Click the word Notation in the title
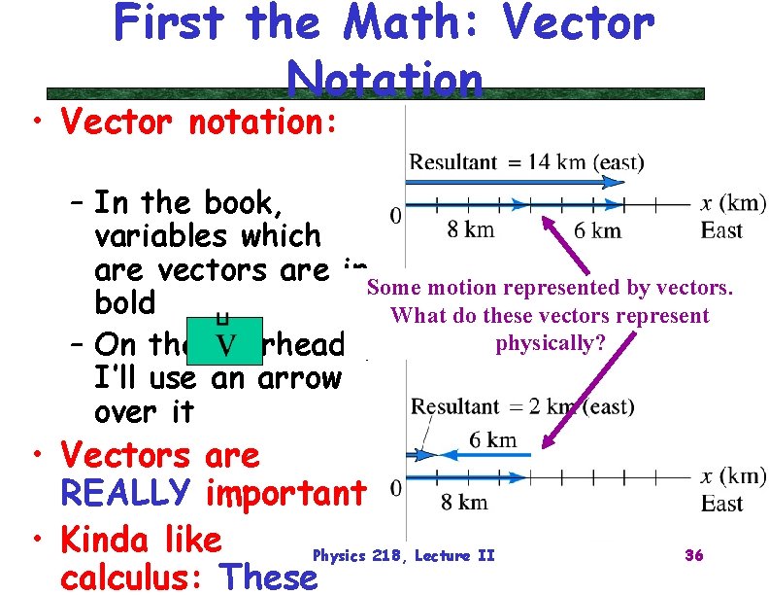click(385, 79)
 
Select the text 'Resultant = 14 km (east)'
click(526, 161)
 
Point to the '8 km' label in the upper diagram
click(471, 230)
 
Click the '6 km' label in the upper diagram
click(597, 230)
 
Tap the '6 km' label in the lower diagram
click(492, 439)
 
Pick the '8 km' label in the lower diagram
click(464, 503)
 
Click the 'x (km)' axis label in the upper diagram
click(733, 204)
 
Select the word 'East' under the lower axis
click(721, 504)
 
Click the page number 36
click(693, 555)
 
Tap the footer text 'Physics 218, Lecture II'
click(403, 555)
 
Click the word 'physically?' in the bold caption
click(544, 343)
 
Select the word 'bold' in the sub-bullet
click(125, 303)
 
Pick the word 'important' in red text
click(285, 493)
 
